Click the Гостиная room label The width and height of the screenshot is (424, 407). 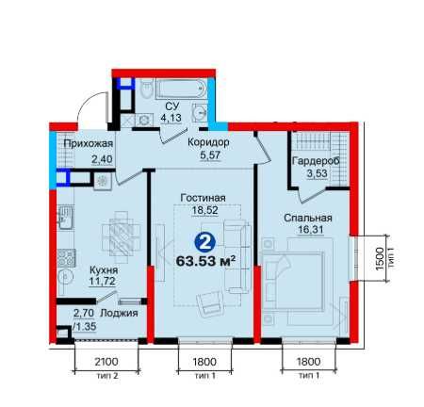(204, 198)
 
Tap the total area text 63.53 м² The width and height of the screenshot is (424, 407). (206, 261)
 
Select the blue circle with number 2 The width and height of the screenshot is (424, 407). (204, 242)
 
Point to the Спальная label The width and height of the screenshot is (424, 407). (308, 218)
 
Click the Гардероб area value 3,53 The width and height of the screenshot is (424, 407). (317, 173)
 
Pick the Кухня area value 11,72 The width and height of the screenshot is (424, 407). (102, 281)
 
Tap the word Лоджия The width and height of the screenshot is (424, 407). (119, 313)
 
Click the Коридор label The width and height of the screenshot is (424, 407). (208, 142)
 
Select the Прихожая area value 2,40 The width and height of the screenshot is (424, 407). (102, 159)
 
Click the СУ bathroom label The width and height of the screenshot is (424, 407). (171, 106)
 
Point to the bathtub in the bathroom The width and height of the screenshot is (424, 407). (181, 89)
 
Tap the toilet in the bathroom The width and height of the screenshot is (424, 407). (146, 89)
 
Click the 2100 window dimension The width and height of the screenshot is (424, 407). (106, 362)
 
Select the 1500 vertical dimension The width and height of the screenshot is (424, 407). (380, 259)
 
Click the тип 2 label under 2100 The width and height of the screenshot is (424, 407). (106, 375)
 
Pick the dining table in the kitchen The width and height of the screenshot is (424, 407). (121, 237)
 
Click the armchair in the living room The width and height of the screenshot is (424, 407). (209, 302)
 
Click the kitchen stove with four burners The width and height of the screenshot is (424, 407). (66, 257)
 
